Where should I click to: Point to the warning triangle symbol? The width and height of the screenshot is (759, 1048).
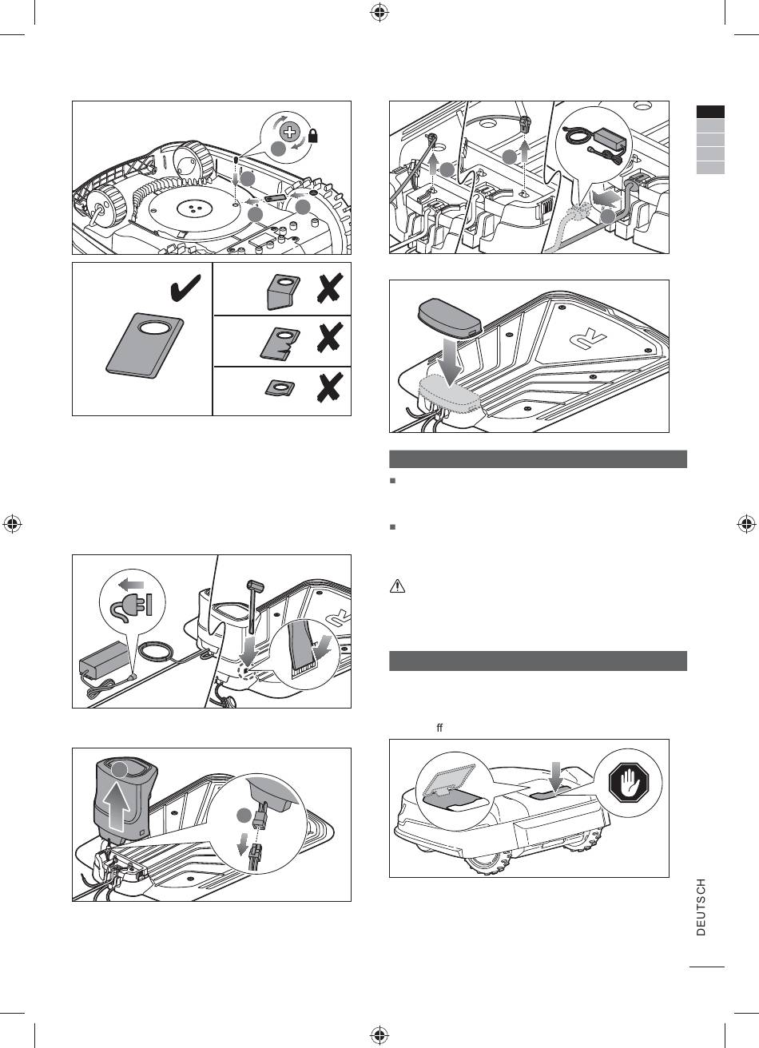coord(397,586)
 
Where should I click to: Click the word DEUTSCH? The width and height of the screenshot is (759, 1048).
coord(701,907)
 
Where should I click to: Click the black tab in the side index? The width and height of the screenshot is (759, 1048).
coord(709,113)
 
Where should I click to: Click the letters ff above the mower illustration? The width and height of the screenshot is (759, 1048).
coord(439,728)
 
